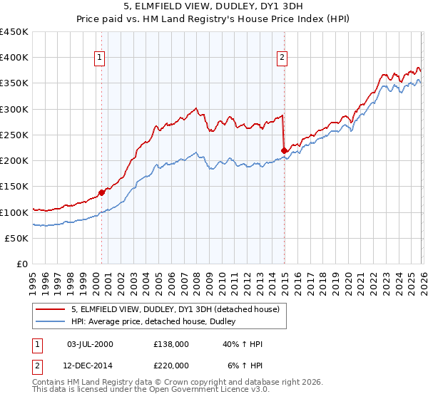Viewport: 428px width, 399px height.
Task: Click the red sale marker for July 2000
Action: (102, 192)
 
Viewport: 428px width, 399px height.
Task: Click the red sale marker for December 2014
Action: (285, 150)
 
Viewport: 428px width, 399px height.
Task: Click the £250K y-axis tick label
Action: (14, 135)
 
